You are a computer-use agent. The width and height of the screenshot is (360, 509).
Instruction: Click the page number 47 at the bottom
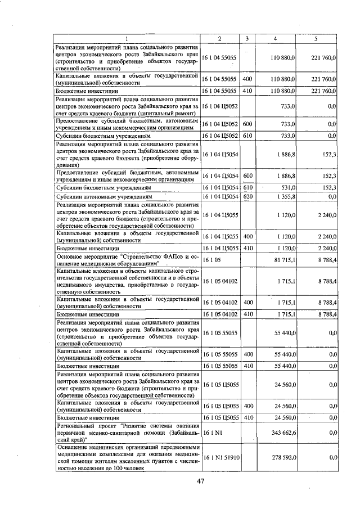pyautogui.click(x=200, y=480)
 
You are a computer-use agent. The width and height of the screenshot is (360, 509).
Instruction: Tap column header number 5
pyautogui.click(x=316, y=38)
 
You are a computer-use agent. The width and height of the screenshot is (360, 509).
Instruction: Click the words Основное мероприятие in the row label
pyautogui.click(x=84, y=258)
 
